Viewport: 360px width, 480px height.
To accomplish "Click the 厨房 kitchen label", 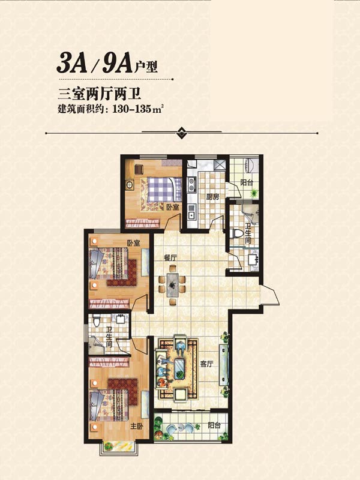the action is coord(212,197).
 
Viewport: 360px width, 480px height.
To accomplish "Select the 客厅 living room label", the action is coord(206,364).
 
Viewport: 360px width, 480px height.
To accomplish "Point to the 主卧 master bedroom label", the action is coord(137,426).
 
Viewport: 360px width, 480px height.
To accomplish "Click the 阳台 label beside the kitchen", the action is coord(247,183).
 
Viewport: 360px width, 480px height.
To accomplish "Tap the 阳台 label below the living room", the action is coord(214,425).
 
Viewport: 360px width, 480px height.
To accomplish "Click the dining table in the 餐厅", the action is coord(172,285).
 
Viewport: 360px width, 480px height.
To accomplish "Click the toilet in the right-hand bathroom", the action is coord(236,233).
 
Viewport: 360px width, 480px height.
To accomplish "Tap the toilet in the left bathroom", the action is coord(97,320).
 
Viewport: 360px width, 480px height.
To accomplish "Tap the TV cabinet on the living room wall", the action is coord(224,365).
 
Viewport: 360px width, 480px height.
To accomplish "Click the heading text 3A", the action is coord(71,63).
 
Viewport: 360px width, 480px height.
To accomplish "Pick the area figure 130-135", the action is coord(132,109).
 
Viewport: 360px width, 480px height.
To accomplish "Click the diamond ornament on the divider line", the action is coord(182,133).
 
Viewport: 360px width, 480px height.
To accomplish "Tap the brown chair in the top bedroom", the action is coord(138,169).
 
